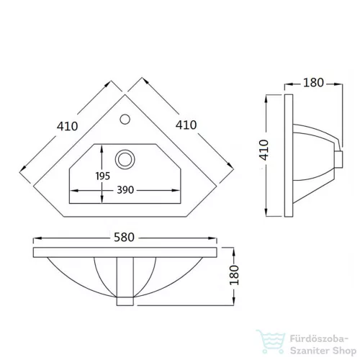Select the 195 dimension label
pos(103,176)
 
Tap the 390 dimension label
pos(125,190)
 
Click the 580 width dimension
pos(124,237)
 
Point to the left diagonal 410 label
pos(68,126)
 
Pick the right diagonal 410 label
pos(186,125)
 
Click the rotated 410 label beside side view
pos(264,150)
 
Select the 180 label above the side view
pos(314,83)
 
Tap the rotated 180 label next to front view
pos(235,275)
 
